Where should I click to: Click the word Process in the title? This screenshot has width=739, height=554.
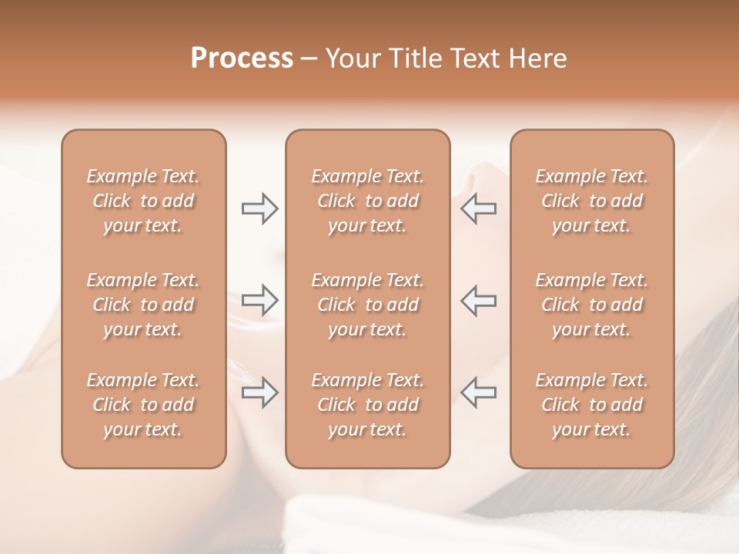[x=242, y=58]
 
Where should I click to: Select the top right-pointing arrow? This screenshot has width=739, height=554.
[x=260, y=209]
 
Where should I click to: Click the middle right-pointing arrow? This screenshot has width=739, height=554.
[x=260, y=300]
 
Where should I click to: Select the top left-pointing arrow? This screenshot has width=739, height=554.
[x=479, y=209]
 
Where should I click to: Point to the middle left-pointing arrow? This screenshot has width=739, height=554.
[x=479, y=300]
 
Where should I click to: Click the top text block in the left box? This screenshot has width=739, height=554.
[x=143, y=201]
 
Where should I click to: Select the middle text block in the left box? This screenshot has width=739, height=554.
[x=143, y=305]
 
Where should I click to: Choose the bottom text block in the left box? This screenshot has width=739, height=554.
[x=143, y=405]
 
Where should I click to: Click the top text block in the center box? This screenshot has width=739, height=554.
[x=368, y=201]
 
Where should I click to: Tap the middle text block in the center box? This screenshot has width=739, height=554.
[x=368, y=305]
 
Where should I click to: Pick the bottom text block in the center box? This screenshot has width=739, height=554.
[x=368, y=405]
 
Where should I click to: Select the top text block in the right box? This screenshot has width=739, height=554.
[x=592, y=201]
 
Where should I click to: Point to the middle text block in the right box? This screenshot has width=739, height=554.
[x=592, y=305]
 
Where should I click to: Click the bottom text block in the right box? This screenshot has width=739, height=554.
[x=592, y=405]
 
